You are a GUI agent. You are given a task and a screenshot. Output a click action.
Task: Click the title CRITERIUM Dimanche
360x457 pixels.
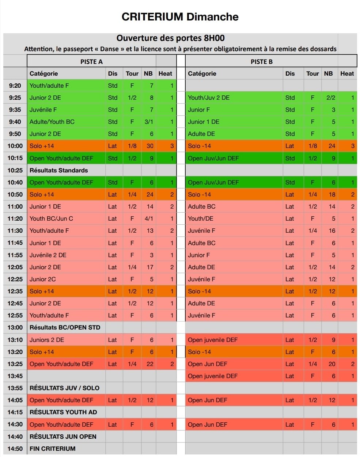180,17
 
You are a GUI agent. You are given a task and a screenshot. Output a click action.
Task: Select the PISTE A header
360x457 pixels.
91,61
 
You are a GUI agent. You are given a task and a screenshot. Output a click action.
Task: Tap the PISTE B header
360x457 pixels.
261,61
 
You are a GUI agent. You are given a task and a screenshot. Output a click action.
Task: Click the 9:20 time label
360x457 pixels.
15,85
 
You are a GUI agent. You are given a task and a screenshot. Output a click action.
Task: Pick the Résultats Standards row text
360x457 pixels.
58,170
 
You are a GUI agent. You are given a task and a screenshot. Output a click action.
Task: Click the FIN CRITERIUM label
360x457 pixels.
52,449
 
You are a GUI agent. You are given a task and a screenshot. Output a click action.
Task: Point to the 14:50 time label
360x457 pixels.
15,449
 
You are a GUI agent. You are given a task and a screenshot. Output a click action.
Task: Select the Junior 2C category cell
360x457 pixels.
43,279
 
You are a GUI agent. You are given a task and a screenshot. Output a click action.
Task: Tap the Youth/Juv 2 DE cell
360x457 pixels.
209,98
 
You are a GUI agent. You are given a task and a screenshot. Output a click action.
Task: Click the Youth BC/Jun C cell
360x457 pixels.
51,218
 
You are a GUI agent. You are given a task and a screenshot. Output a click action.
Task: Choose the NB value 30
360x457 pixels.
150,146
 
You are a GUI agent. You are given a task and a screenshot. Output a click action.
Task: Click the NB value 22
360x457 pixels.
150,364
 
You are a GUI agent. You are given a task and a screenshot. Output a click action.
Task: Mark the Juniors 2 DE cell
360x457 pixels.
47,340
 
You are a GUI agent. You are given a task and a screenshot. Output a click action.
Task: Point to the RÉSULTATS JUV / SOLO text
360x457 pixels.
64,388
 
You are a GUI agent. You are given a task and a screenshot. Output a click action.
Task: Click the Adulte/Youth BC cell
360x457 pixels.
52,122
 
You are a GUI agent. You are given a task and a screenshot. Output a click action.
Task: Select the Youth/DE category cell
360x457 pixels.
201,218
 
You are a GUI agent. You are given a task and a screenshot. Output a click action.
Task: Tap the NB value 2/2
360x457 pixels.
331,98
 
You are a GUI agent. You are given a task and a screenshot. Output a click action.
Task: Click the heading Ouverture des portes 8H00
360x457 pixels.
170,38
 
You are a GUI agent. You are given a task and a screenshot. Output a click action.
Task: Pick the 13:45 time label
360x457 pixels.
15,376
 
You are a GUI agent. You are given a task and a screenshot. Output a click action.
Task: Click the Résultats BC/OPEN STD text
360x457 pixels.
65,327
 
